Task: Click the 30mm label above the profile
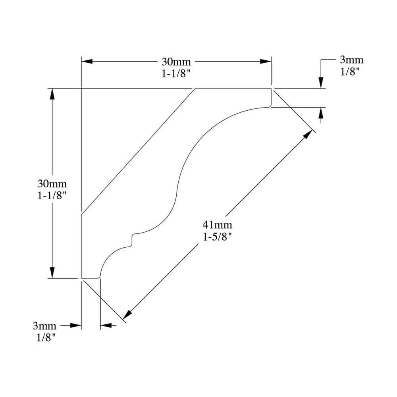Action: tap(176, 62)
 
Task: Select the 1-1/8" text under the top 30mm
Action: tap(176, 74)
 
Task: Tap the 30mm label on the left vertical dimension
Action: tap(52, 183)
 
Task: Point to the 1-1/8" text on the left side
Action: tap(52, 195)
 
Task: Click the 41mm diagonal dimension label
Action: tap(218, 225)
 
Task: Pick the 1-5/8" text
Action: tap(218, 237)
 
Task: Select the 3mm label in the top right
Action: tap(352, 60)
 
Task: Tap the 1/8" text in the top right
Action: tap(350, 72)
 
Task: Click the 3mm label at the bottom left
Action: tap(44, 326)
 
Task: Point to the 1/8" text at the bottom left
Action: tap(46, 338)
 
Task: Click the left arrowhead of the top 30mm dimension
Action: tap(87, 62)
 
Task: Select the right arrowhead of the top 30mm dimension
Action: tap(266, 62)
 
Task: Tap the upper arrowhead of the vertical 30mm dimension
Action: tap(52, 94)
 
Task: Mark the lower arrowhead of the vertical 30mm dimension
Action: tap(52, 272)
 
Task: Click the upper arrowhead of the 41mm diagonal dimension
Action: tap(308, 134)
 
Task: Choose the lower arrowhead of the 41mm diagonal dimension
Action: tap(127, 314)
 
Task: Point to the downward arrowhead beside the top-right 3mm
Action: tap(321, 83)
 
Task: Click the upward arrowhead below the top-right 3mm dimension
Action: tap(321, 113)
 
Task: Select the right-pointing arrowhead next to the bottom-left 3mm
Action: tap(76, 326)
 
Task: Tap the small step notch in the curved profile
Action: tap(133, 240)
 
